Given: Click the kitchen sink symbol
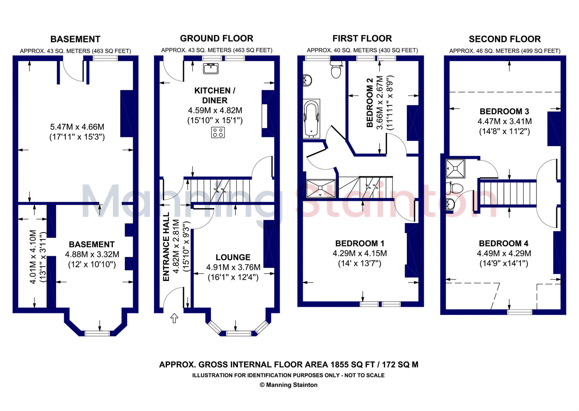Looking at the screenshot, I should pyautogui.click(x=211, y=68).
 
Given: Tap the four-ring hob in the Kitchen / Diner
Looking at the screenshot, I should pyautogui.click(x=218, y=132).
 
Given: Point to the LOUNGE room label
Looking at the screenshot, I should pyautogui.click(x=233, y=257).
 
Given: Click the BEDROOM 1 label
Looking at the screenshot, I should pyautogui.click(x=360, y=243).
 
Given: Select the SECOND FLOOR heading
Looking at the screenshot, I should pyautogui.click(x=505, y=39).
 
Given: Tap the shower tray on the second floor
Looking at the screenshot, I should pyautogui.click(x=455, y=168).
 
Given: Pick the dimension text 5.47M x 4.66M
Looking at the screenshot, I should pyautogui.click(x=77, y=127).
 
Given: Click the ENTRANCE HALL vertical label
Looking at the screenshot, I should pyautogui.click(x=166, y=246).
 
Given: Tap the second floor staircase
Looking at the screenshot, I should pyautogui.click(x=508, y=193).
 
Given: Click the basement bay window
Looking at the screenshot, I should pyautogui.click(x=97, y=333).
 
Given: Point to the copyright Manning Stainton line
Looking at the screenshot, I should pyautogui.click(x=289, y=385).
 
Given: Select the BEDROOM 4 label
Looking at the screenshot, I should pyautogui.click(x=504, y=243).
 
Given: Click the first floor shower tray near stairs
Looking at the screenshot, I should pyautogui.click(x=321, y=188).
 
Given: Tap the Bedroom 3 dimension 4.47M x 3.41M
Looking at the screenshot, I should pyautogui.click(x=504, y=122).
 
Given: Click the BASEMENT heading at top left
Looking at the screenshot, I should pyautogui.click(x=75, y=39).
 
